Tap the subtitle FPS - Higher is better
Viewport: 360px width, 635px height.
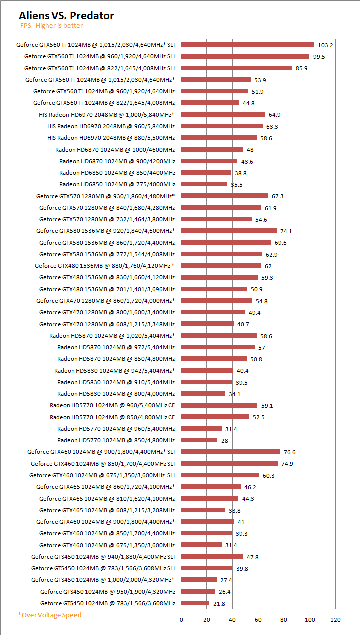tap(51, 26)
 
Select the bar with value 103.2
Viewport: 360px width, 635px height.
tap(247, 45)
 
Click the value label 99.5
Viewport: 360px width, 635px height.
tap(319, 57)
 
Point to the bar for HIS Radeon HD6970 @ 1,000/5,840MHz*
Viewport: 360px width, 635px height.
tap(223, 114)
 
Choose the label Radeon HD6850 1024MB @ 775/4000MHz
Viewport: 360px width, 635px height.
tap(117, 184)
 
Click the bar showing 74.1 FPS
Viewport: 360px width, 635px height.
tap(229, 231)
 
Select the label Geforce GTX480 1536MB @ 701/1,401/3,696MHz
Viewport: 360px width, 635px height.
tap(107, 289)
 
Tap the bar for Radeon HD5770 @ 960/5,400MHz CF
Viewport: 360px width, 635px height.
tap(219, 405)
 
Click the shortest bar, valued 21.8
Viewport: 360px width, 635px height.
tap(195, 603)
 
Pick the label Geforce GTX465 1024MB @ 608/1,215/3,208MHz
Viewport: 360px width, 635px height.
tap(107, 510)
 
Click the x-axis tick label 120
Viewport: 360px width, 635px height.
tap(335, 620)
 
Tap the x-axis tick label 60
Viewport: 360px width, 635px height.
tap(258, 620)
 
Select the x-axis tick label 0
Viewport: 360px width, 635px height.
tap(181, 620)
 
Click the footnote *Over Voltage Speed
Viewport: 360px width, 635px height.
tap(49, 615)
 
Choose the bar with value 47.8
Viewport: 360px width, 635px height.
tap(212, 557)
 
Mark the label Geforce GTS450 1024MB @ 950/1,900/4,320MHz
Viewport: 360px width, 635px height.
tap(107, 592)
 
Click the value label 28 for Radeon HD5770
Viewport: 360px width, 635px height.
tap(224, 441)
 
